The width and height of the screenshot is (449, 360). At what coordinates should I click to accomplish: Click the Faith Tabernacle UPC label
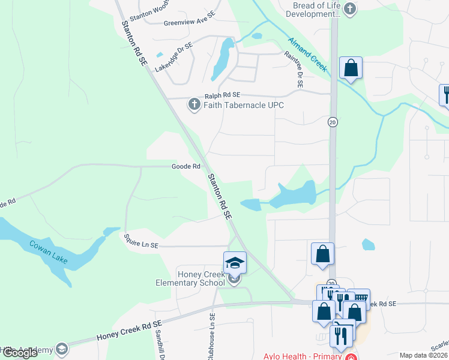pos(243,105)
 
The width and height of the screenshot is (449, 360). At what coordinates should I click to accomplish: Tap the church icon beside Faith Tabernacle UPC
pos(194,105)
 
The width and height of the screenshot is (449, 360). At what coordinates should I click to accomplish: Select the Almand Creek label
pos(307,55)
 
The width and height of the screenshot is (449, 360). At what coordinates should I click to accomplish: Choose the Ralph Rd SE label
pos(222,95)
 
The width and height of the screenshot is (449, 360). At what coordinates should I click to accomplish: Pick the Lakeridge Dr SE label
pos(173,57)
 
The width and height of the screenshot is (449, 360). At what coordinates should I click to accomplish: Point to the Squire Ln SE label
pos(141,241)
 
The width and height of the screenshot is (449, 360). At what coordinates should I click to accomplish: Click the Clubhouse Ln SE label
pos(212,337)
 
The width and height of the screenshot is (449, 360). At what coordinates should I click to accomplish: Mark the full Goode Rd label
pos(185,166)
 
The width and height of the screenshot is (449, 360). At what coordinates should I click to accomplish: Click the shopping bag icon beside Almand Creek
pos(351,68)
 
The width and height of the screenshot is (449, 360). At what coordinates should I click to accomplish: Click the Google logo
pos(20,353)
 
